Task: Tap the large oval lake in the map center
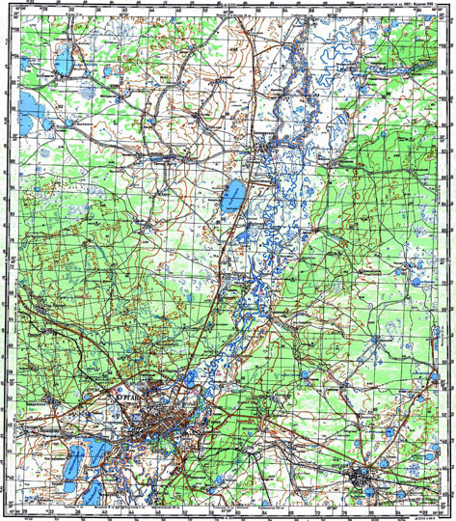[231, 198]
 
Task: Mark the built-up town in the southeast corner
[365, 477]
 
